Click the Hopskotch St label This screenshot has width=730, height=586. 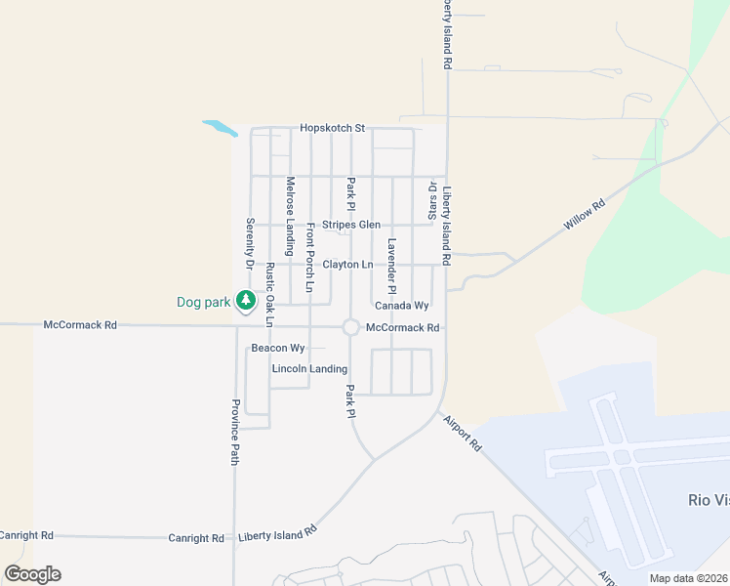pos(332,128)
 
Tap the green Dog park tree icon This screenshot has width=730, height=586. pos(248,301)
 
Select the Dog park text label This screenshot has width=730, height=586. pos(203,302)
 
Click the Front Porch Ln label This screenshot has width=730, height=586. pos(310,258)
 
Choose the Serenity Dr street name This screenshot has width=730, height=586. pos(250,243)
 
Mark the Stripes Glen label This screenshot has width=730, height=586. pos(351,225)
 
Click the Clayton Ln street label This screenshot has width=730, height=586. pos(347,265)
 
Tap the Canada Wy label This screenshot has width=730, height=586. pos(402,306)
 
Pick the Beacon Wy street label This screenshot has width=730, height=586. pos(278,348)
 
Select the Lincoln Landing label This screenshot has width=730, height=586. pos(309,368)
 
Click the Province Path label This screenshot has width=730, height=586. pos(235,432)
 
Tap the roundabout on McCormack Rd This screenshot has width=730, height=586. pos(350,327)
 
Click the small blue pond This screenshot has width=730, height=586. pos(220,128)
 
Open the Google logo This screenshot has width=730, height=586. pos(33,574)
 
